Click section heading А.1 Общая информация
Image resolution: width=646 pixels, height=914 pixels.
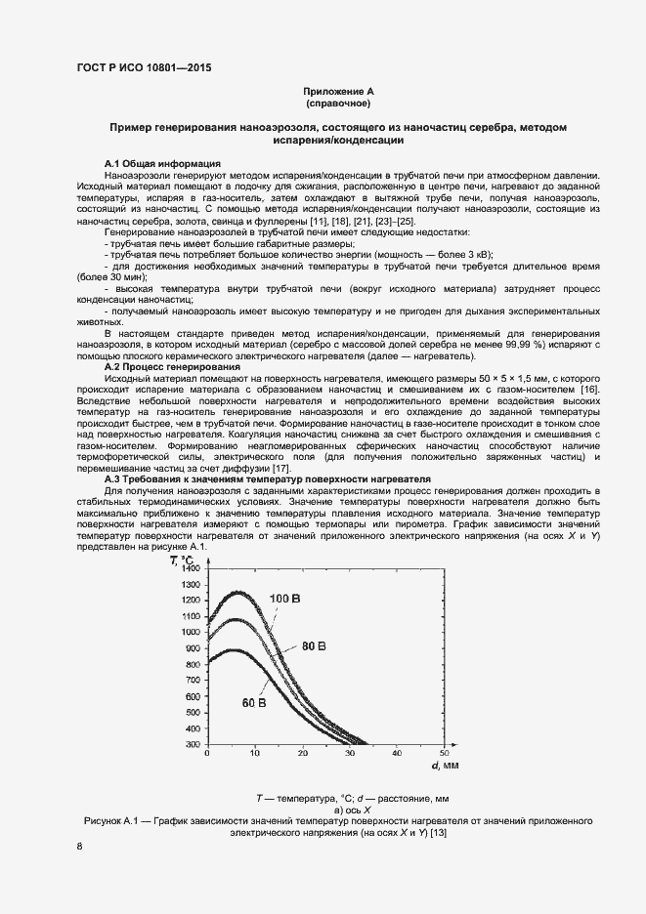(x=161, y=162)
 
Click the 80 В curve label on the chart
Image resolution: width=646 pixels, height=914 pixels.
(x=313, y=646)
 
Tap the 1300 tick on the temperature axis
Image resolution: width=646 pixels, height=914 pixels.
(x=190, y=585)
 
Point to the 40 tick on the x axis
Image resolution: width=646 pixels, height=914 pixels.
(x=396, y=754)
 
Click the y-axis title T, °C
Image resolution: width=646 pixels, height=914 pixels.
(x=188, y=560)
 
